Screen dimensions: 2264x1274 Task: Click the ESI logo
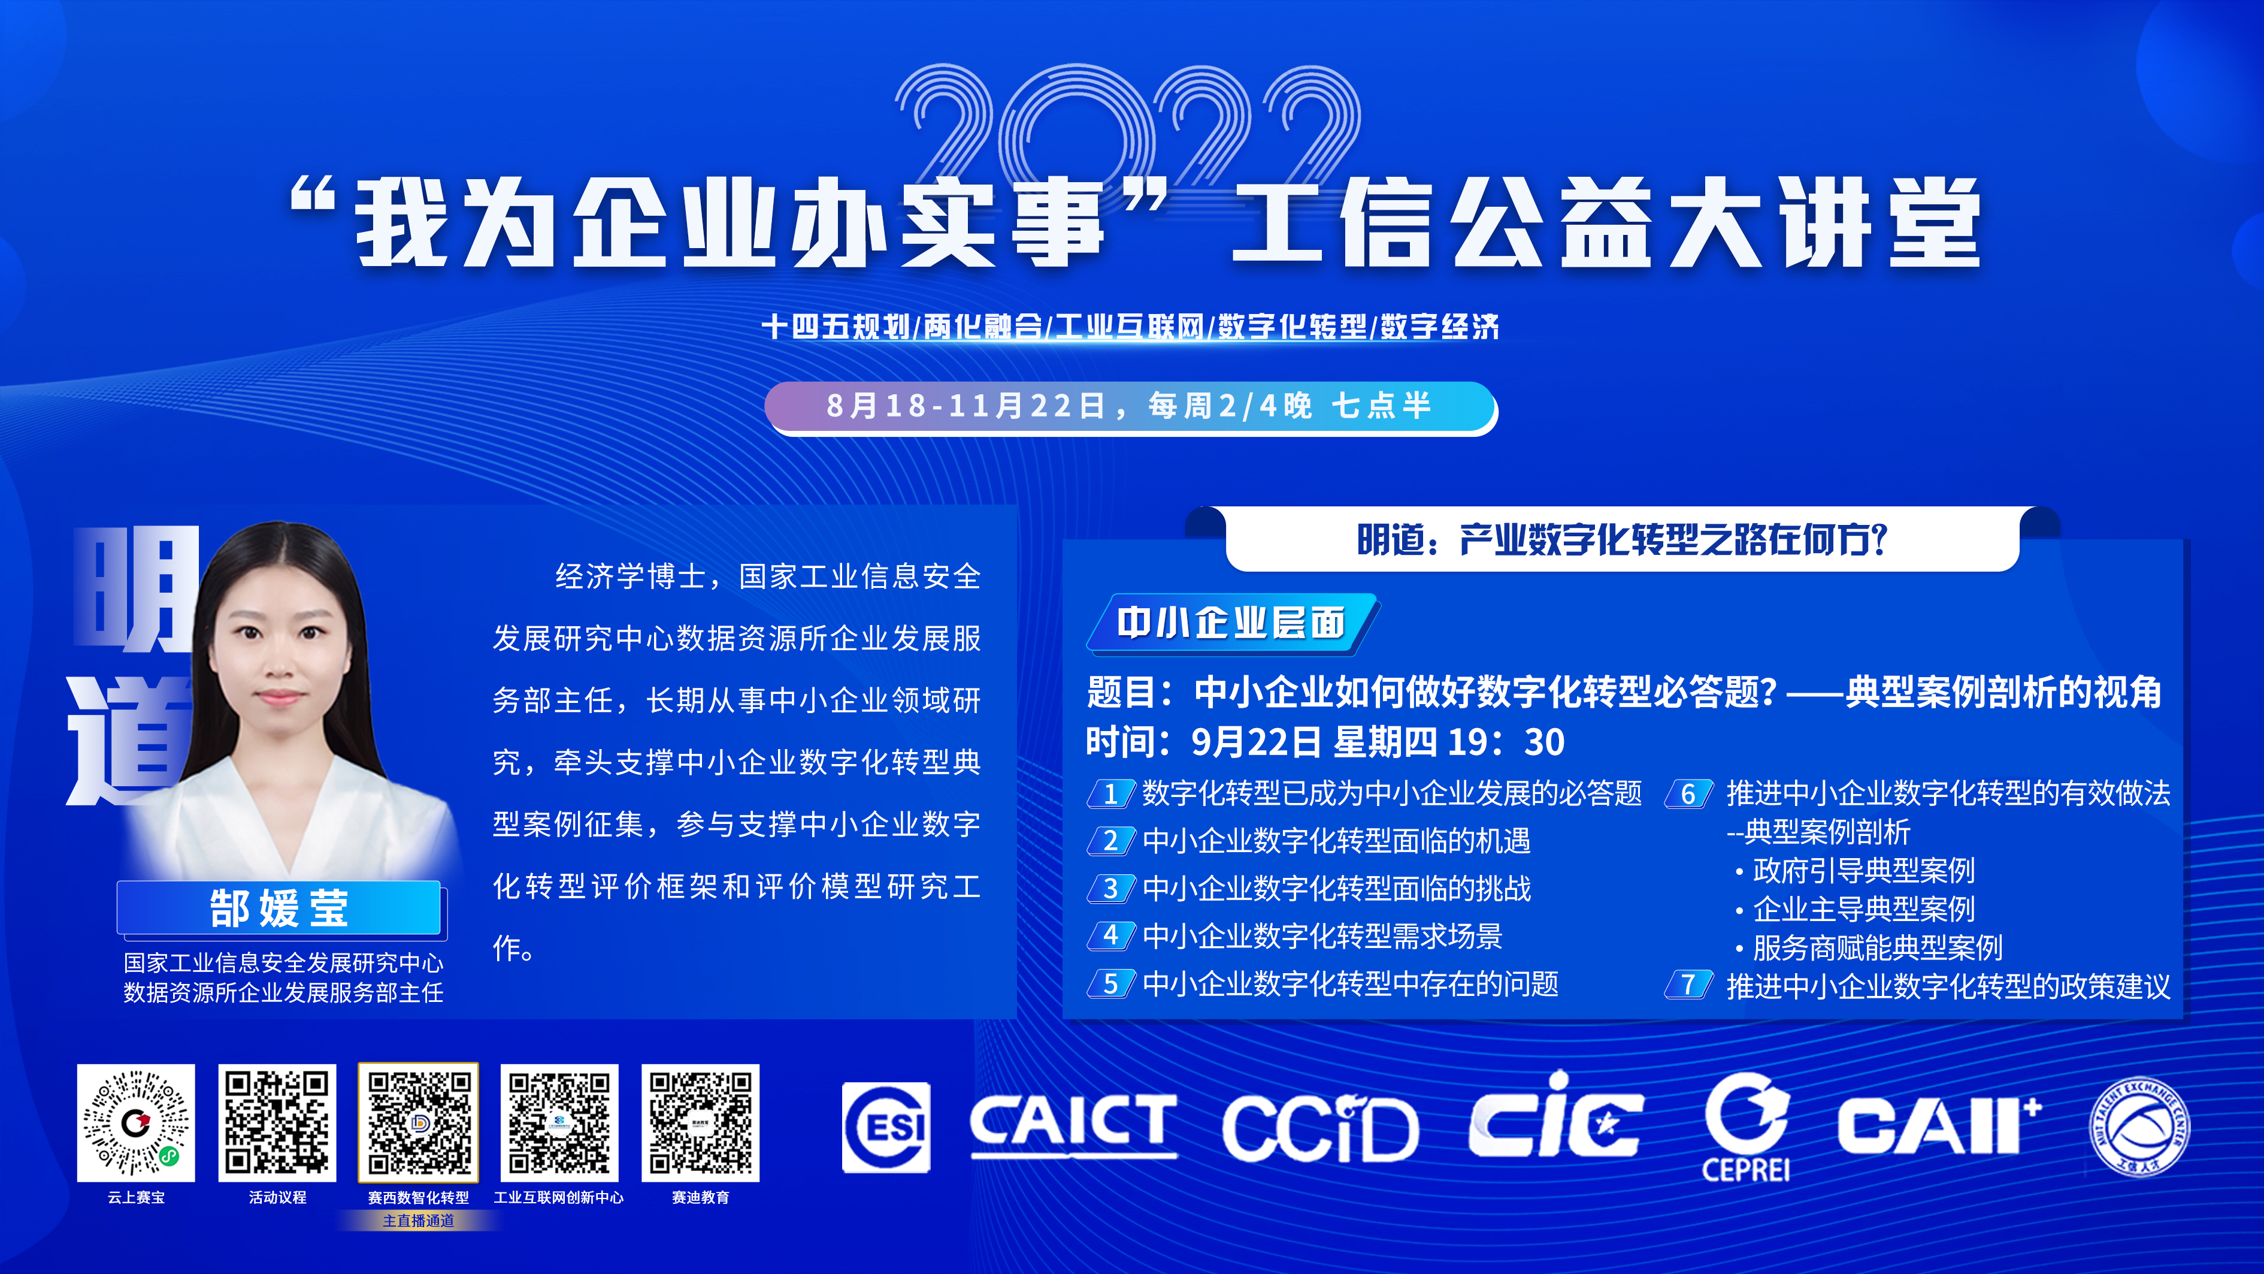pos(886,1128)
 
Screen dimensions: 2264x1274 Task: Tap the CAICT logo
pos(1073,1125)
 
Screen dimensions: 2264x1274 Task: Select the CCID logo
pos(1320,1127)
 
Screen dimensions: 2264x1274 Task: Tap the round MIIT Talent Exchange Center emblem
pos(2139,1127)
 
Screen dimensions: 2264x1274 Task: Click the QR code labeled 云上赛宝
pos(136,1123)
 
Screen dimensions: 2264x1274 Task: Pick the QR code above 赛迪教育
pos(701,1123)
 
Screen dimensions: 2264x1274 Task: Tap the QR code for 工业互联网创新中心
pos(559,1123)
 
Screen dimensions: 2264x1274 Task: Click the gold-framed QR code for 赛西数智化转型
pos(418,1123)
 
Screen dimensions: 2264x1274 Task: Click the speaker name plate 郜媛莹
pos(280,907)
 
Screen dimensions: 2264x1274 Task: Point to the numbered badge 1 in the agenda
pos(1112,794)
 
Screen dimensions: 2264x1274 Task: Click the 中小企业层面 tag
pos(1231,623)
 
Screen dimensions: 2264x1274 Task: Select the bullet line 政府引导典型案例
pos(1856,871)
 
